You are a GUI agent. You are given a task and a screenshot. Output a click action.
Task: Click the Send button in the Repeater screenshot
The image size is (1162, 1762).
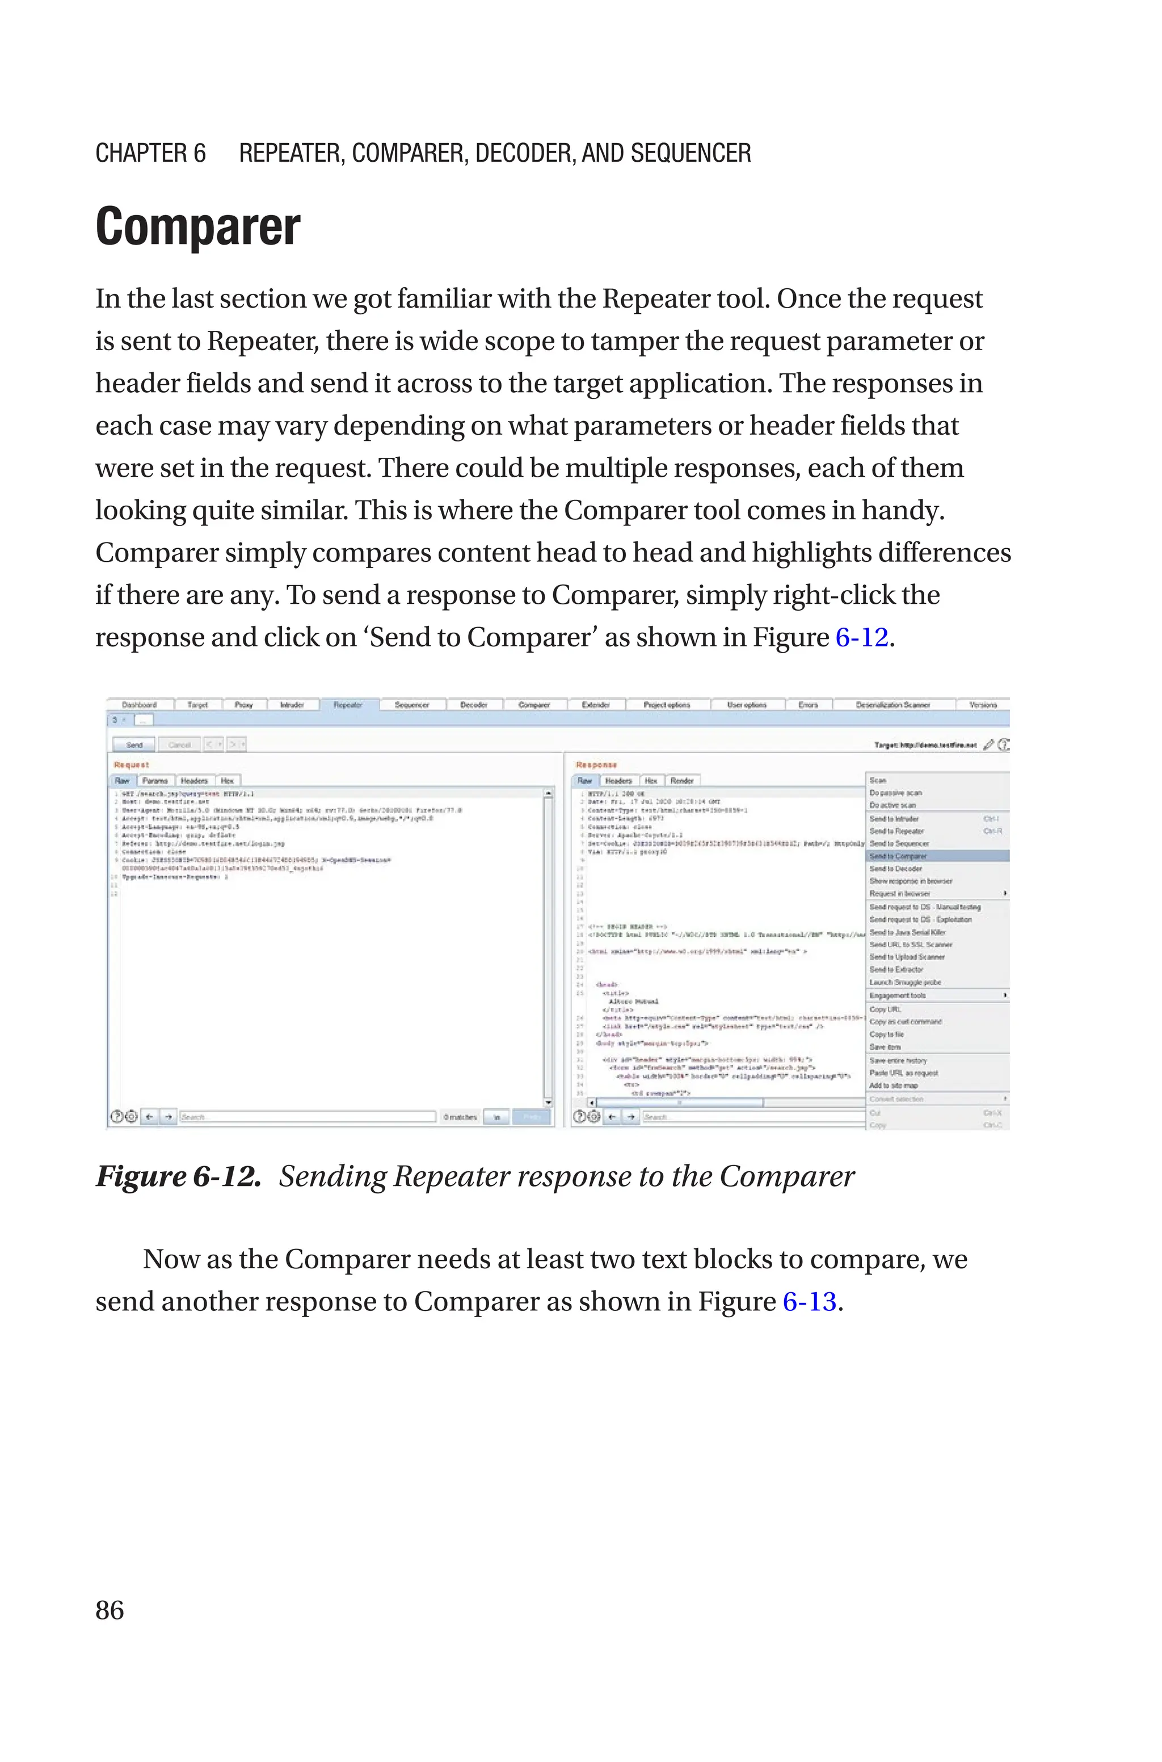coord(134,744)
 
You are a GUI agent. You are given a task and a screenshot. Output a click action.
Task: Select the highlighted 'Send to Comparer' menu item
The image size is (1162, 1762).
coord(898,856)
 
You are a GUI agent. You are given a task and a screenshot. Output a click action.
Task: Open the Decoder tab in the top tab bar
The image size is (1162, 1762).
coord(474,705)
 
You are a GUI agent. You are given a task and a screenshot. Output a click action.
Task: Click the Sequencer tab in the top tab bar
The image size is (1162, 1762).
coord(411,705)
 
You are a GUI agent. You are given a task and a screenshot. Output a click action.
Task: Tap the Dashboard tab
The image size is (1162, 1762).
coord(140,705)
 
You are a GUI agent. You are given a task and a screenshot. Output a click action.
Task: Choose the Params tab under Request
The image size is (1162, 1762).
coord(155,780)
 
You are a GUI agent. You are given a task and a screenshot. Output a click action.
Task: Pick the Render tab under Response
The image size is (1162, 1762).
coord(682,780)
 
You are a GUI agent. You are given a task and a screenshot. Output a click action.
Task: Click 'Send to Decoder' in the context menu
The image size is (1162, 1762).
coord(895,868)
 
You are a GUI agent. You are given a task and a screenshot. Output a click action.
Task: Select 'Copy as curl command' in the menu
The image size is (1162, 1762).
coord(906,1022)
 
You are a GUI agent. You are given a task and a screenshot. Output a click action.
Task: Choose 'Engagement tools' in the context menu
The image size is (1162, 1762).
coord(898,995)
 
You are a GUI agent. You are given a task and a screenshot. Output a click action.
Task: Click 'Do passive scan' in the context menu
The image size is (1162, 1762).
coord(895,793)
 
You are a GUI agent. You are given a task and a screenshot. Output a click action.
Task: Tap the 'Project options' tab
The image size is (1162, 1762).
coord(667,705)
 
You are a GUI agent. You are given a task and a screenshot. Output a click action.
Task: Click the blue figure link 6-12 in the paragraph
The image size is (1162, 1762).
coord(861,637)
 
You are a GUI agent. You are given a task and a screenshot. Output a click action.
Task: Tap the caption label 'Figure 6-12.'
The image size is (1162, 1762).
coord(178,1176)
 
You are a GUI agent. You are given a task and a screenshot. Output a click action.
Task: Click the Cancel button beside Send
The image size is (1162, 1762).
coord(179,744)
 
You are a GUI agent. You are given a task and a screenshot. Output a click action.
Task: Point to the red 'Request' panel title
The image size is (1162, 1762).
coord(131,765)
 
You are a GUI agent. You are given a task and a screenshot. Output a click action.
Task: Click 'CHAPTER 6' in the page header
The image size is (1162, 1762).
coord(150,153)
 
